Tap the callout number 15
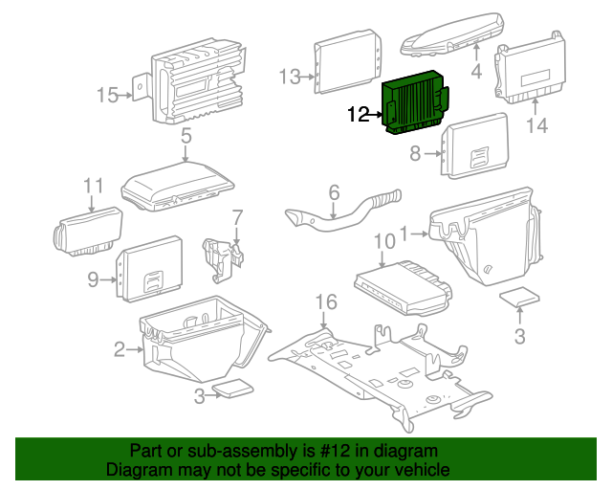point(108,94)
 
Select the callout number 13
point(290,76)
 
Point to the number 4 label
point(476,70)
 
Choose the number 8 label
point(415,153)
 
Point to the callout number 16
point(326,302)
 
